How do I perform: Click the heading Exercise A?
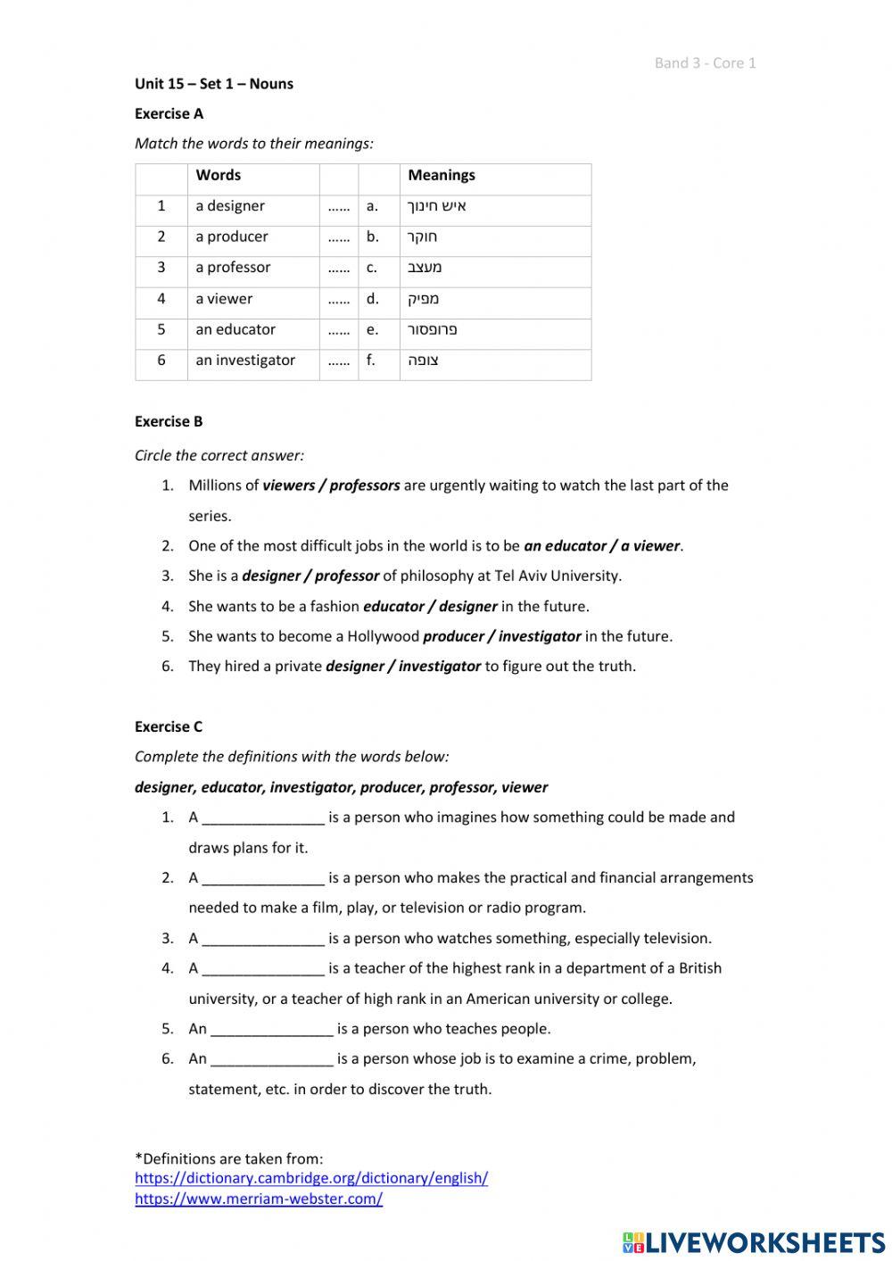click(x=169, y=113)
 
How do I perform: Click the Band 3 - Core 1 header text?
click(x=705, y=62)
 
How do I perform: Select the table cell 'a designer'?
click(x=230, y=206)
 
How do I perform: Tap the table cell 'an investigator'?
click(x=245, y=361)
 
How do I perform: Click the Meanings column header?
click(x=442, y=176)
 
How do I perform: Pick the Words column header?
click(x=219, y=176)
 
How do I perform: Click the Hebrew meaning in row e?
click(x=432, y=330)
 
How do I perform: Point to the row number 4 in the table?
click(x=161, y=299)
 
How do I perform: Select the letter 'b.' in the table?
click(x=372, y=237)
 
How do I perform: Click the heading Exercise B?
click(x=169, y=421)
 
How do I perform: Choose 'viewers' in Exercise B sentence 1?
click(x=289, y=485)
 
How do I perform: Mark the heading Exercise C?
click(x=169, y=726)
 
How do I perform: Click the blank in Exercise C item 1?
click(x=263, y=818)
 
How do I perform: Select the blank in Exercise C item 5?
click(x=272, y=1030)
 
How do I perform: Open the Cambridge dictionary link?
click(x=311, y=1178)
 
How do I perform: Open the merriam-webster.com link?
click(x=259, y=1199)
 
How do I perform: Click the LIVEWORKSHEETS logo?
click(x=754, y=1241)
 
